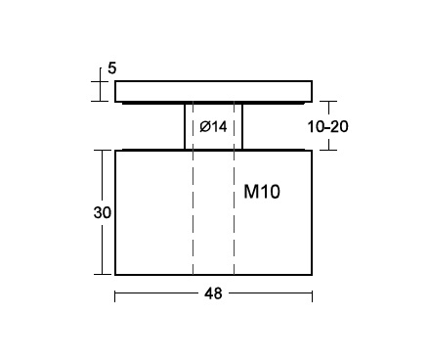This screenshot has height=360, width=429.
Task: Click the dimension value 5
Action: tap(111, 68)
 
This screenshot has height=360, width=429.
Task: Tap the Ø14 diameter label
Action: tap(213, 126)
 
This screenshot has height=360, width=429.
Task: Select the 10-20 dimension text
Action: tap(327, 126)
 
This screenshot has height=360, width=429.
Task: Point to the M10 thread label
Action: tap(262, 192)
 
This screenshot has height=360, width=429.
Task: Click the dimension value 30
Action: tap(103, 212)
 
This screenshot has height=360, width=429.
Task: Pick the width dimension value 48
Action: tap(213, 293)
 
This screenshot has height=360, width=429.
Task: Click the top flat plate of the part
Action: tap(214, 91)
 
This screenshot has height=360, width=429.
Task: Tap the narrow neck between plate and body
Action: tap(214, 126)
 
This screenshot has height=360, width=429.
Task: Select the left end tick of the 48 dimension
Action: tap(115, 296)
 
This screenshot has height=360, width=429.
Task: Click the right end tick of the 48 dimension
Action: tap(312, 296)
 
